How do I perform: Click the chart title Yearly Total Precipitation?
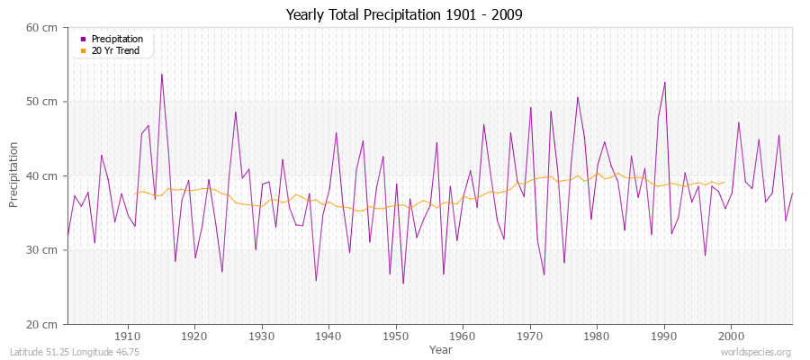click(404, 15)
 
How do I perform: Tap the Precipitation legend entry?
click(117, 40)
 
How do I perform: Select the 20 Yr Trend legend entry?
click(116, 50)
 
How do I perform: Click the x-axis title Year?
click(441, 348)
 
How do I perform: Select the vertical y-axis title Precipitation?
click(14, 175)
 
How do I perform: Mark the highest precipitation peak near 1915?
click(162, 74)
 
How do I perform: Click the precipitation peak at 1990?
click(665, 83)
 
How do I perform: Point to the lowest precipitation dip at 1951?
click(403, 283)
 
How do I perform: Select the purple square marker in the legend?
click(84, 40)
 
